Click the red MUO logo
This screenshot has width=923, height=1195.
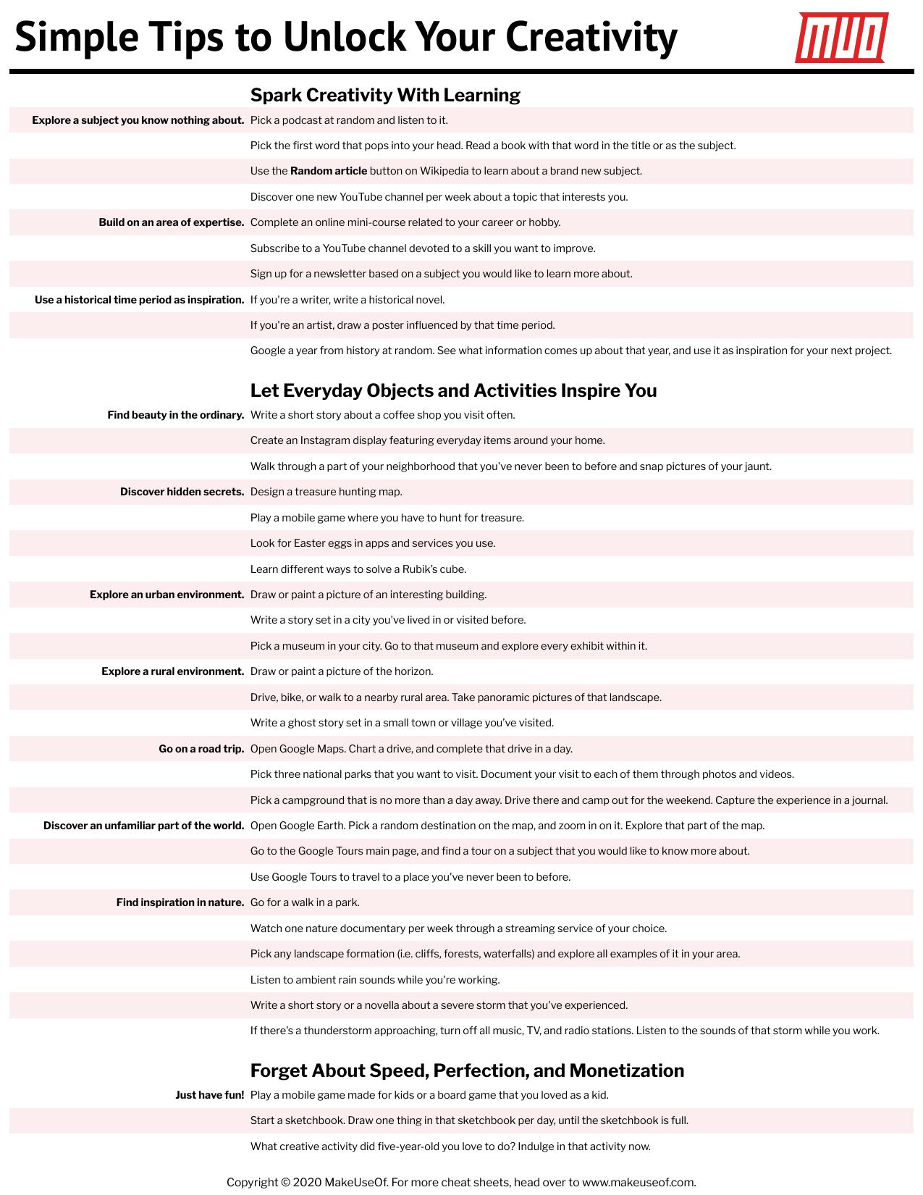[x=841, y=37]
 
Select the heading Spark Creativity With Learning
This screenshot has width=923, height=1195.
[x=385, y=95]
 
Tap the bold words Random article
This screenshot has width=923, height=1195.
[x=329, y=171]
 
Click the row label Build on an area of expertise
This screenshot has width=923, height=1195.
[x=172, y=222]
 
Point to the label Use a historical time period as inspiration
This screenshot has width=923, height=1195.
[x=140, y=300]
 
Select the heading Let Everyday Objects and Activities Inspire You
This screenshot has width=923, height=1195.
[x=453, y=390]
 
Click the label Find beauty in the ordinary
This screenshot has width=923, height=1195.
[x=176, y=415]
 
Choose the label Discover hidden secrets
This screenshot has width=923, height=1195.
[x=182, y=492]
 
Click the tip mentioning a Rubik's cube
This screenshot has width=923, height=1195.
[x=358, y=569]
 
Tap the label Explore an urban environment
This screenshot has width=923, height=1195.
[x=167, y=595]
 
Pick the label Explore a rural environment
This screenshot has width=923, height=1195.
[x=173, y=671]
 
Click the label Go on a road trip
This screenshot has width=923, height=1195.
[x=201, y=749]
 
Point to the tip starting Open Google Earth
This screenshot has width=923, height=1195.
[x=507, y=826]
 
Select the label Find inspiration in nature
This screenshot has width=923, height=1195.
[x=180, y=902]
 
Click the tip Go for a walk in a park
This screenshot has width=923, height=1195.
[x=305, y=902]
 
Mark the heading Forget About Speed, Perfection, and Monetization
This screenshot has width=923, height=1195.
[x=467, y=1070]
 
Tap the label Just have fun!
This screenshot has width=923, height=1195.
[x=210, y=1095]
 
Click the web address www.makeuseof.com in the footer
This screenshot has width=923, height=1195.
[x=638, y=1182]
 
